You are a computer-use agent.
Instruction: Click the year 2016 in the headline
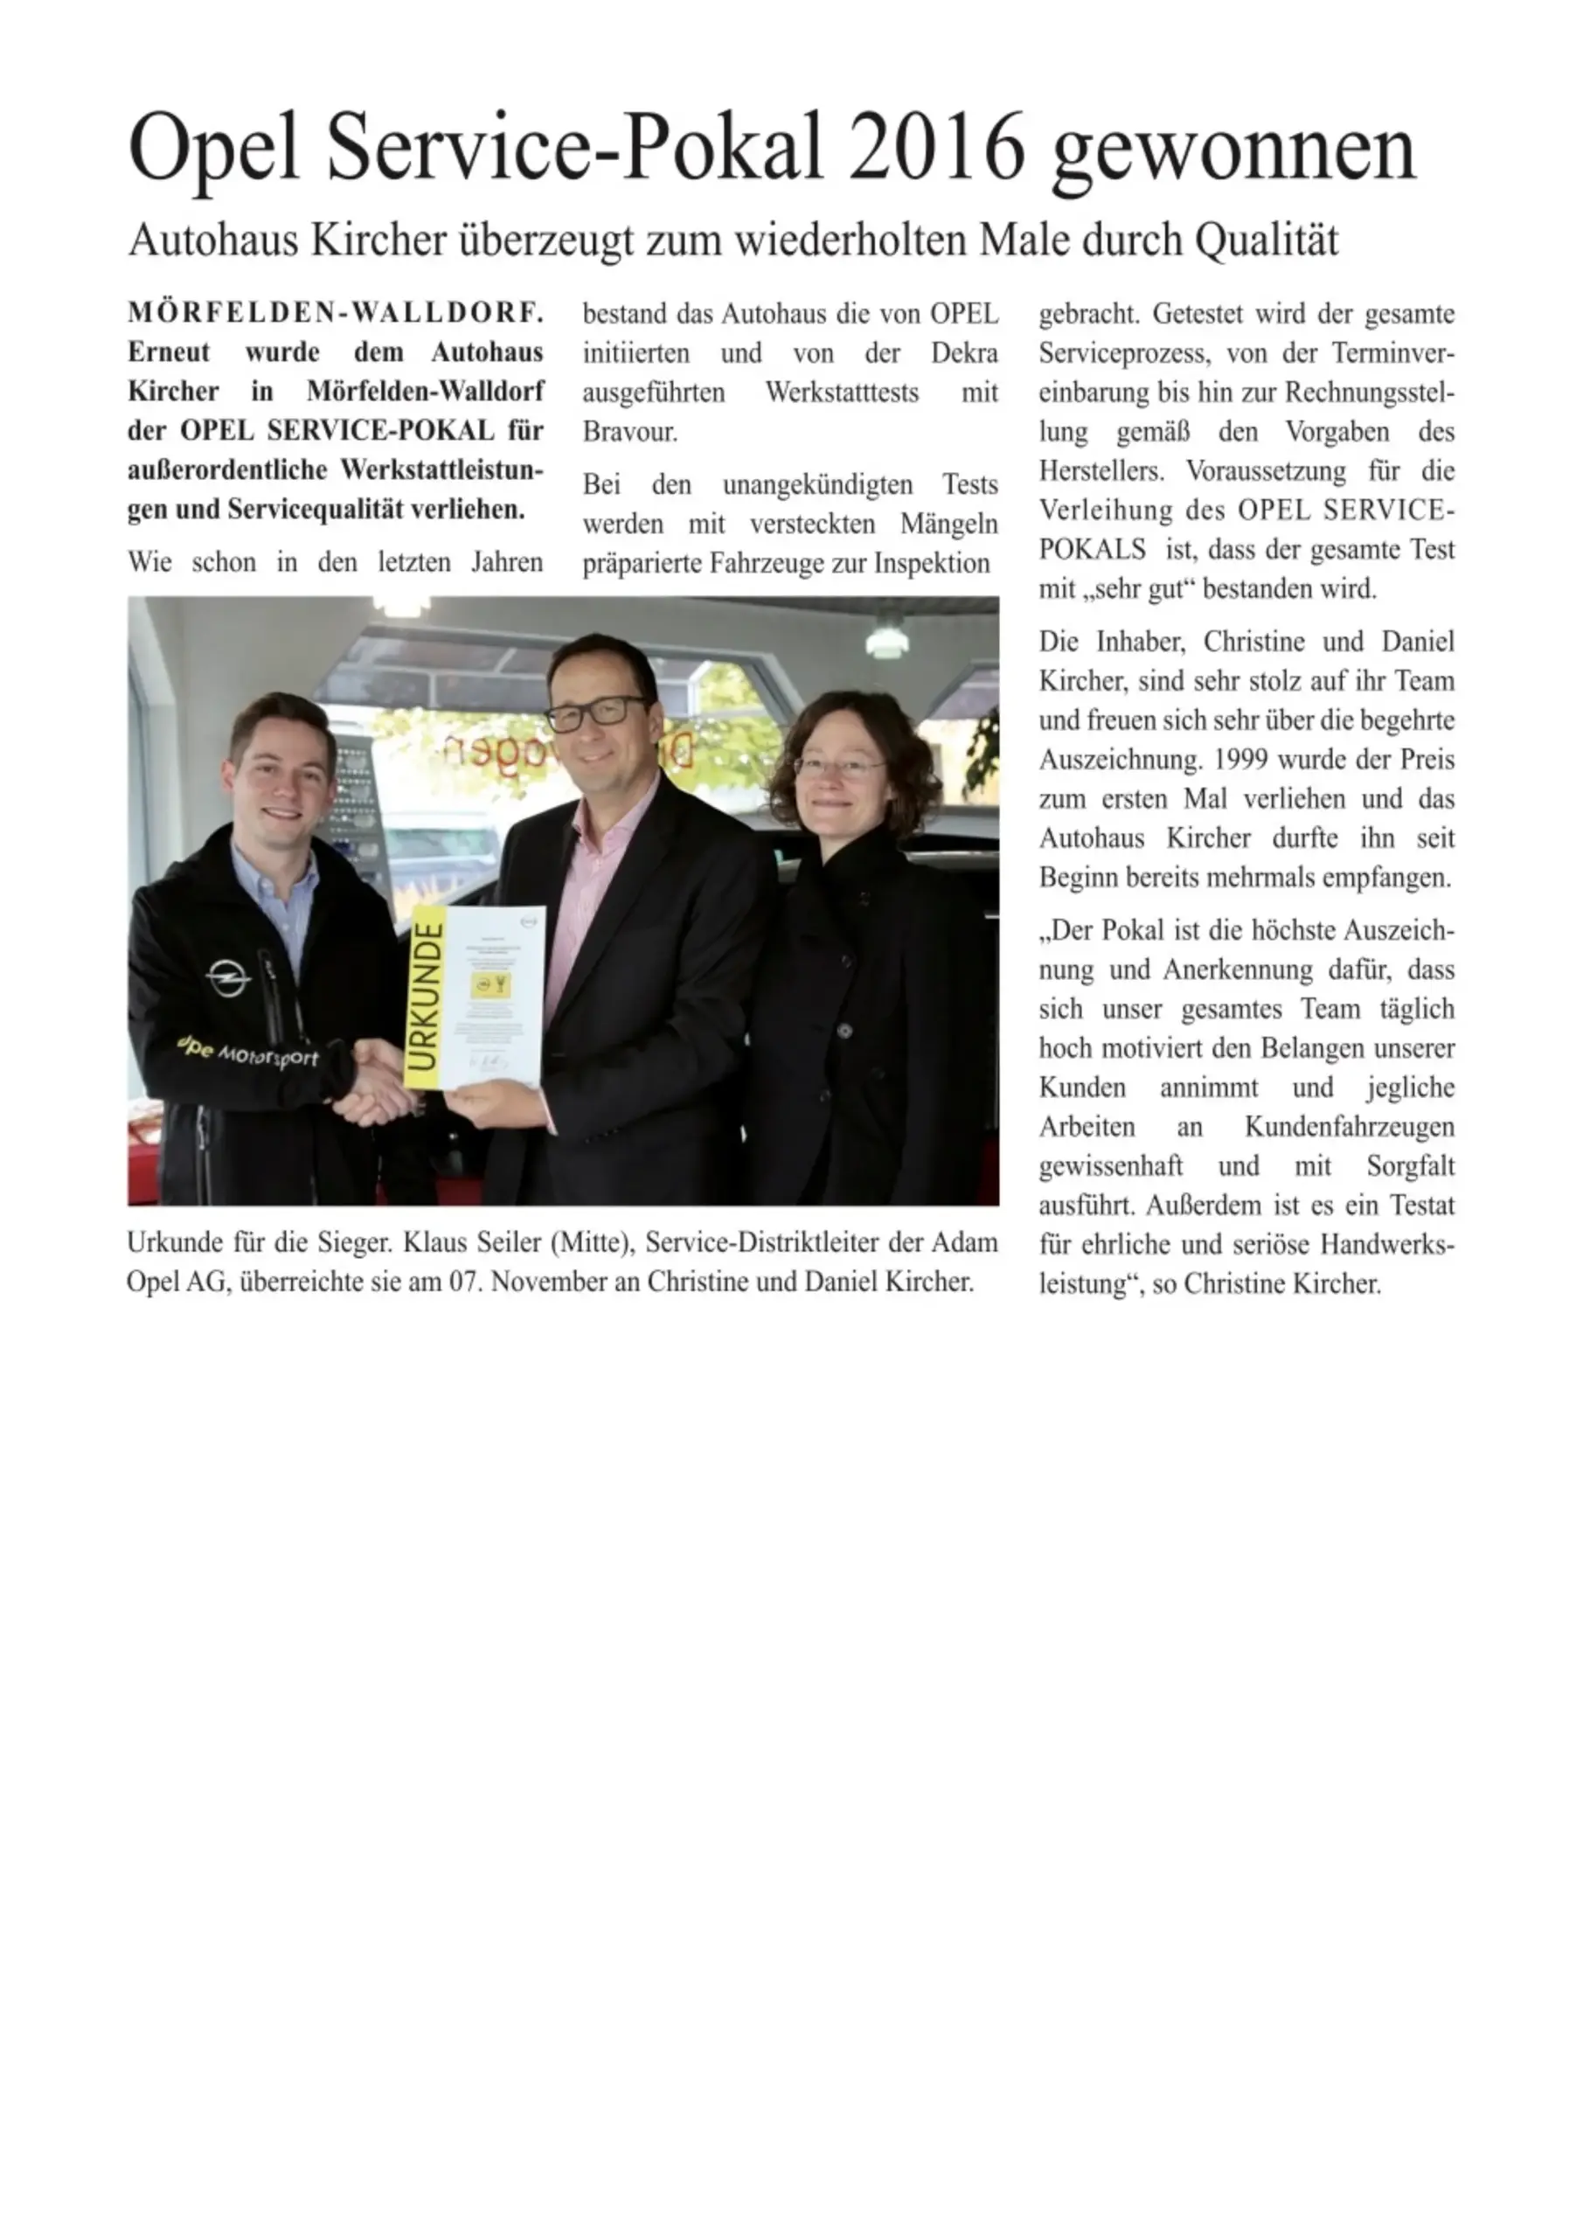937,148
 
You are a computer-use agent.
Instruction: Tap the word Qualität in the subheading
1267,240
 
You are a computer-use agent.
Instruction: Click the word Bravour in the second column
628,432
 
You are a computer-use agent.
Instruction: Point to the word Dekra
964,353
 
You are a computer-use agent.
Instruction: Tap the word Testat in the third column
1422,1206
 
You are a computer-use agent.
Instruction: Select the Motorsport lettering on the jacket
267,1056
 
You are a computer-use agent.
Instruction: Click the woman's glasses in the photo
837,766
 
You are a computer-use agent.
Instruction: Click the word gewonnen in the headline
1232,148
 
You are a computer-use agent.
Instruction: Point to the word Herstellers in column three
1100,471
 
